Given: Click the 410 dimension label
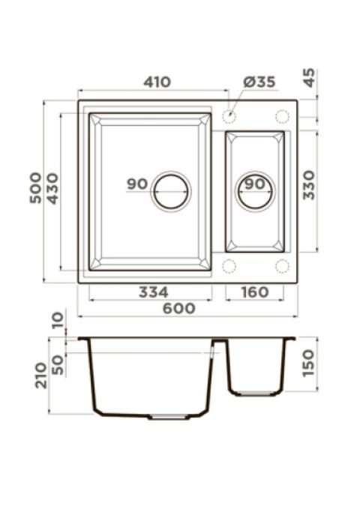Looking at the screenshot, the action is (x=157, y=82).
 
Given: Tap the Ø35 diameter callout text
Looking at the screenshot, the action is (x=259, y=82).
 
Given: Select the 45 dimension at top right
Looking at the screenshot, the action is (x=309, y=77).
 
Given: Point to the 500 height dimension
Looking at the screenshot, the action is (x=36, y=188).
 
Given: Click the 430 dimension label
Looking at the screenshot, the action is (x=52, y=189).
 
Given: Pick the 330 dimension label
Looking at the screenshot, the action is (x=309, y=185).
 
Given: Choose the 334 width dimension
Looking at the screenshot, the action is (x=153, y=292).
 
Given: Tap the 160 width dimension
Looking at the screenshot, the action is (x=255, y=292).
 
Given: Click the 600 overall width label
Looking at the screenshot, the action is (x=179, y=308).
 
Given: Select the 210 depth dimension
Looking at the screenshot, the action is (x=41, y=376).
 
